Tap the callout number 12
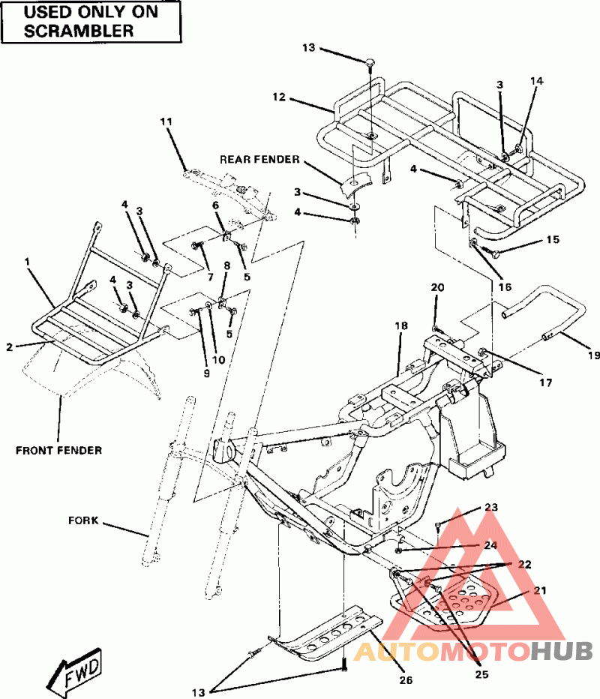click(279, 97)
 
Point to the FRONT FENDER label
click(58, 450)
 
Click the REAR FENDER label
click(259, 160)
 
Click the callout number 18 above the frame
click(401, 325)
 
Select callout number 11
click(166, 121)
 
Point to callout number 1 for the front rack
click(28, 262)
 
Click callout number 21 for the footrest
click(540, 591)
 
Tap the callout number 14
click(536, 80)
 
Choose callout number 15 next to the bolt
click(553, 241)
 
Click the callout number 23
click(491, 508)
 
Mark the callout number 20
click(438, 287)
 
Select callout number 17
click(544, 382)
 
